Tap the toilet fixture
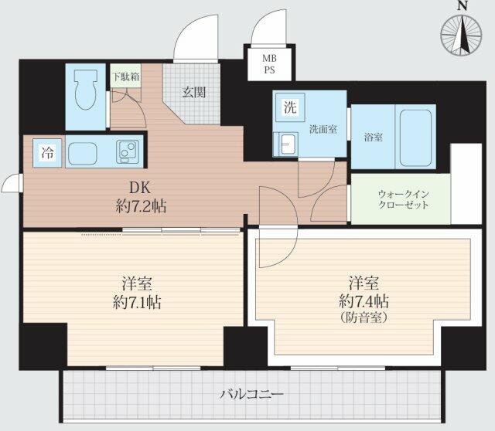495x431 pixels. coord(85,90)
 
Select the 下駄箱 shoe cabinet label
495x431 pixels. coord(125,76)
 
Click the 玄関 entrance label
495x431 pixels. coord(194,93)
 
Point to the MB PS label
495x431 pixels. coord(270,64)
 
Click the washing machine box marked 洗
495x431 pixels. coord(290,107)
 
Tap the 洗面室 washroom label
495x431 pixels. coord(323,129)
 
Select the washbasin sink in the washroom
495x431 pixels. coord(285,144)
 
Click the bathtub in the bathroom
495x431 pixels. coord(415,137)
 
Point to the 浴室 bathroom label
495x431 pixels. coord(373,137)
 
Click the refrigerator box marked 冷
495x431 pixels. coord(47,153)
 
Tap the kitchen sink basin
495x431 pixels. coord(83,153)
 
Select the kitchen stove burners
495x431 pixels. coord(128,151)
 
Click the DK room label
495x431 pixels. coord(140,188)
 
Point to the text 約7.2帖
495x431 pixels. coord(141,206)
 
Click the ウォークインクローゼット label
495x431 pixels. coord(404,199)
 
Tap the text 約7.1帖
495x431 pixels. coord(137,302)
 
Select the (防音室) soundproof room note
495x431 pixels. coord(364,317)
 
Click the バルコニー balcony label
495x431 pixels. coord(251,394)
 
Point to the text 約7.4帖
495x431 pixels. coord(364,301)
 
